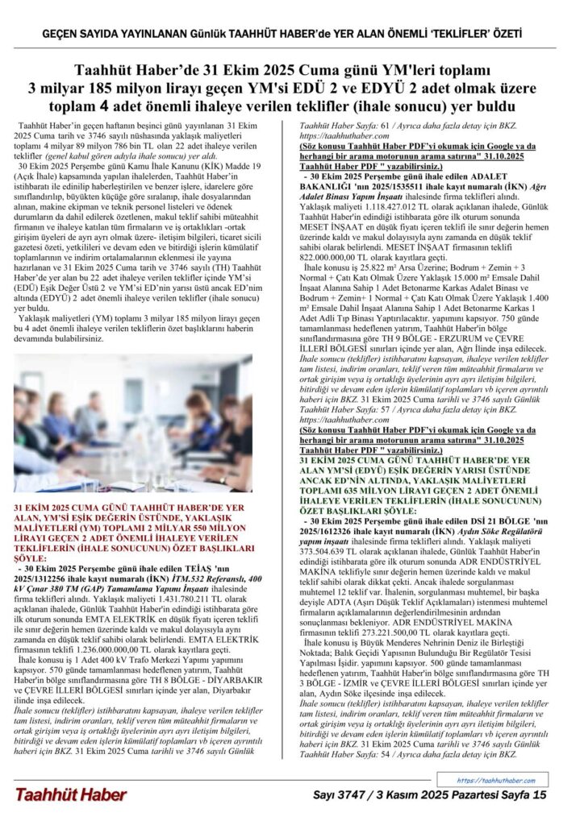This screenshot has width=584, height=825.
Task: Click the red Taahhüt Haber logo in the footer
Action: pos(71,795)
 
